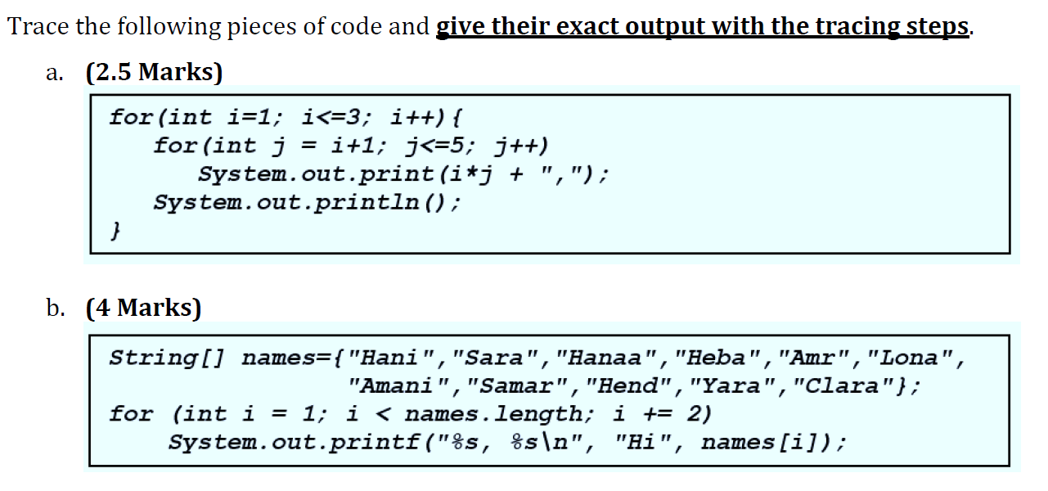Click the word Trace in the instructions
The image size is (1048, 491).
point(38,26)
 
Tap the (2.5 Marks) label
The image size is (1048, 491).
point(154,72)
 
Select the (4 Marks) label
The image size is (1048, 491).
point(143,308)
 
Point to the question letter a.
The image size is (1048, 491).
point(53,73)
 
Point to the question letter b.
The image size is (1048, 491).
point(55,308)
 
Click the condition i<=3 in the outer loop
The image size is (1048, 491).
point(336,117)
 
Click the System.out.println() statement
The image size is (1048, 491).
point(307,202)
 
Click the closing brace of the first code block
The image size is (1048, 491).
point(116,231)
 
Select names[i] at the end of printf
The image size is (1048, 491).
point(762,443)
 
